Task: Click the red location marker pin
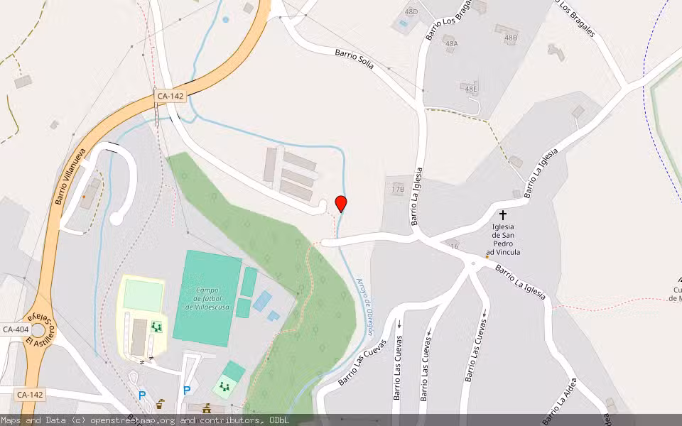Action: tap(341, 203)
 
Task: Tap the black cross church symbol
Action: tap(503, 214)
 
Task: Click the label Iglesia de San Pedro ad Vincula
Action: tap(503, 239)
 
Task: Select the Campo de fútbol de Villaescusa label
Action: tap(207, 298)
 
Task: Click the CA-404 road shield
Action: tap(16, 329)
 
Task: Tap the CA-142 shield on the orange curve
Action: tap(170, 94)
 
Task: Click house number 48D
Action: tap(411, 12)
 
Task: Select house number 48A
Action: tap(452, 43)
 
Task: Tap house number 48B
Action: tap(511, 38)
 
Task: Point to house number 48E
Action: tap(470, 88)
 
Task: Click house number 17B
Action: tap(398, 189)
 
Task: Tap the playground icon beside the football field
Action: tap(156, 327)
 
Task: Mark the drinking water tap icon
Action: tap(160, 403)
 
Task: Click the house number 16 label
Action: tap(454, 246)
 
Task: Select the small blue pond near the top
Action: tap(226, 19)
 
